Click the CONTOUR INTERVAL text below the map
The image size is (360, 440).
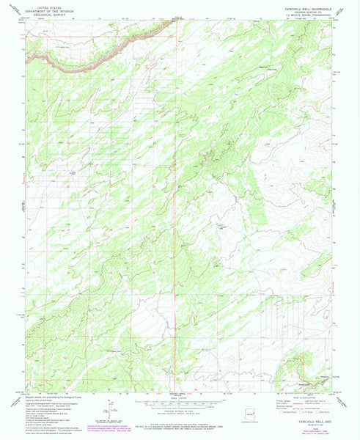tap(180, 414)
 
